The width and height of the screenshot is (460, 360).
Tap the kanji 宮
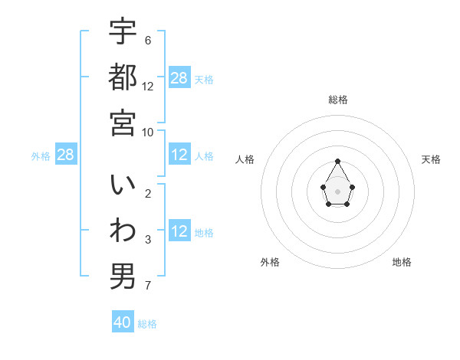(123, 123)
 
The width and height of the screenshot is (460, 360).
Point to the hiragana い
(123, 186)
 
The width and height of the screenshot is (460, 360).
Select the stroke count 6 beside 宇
(147, 40)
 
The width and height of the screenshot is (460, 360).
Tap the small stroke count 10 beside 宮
(149, 131)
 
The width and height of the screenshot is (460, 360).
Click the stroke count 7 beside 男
(147, 286)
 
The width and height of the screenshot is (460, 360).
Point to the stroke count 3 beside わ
(147, 241)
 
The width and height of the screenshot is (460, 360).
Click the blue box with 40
(123, 322)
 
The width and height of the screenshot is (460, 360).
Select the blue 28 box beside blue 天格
(179, 77)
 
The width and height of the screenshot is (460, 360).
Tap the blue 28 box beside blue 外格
(66, 155)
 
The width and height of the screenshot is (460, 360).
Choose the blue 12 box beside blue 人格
(179, 155)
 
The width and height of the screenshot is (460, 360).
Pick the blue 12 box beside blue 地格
(179, 231)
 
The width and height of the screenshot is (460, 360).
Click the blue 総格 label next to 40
(147, 324)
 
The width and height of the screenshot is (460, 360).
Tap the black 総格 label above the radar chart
(337, 100)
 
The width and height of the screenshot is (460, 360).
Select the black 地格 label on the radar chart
(402, 262)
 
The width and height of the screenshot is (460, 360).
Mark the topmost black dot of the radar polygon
(337, 161)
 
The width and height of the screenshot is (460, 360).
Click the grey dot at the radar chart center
(337, 191)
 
